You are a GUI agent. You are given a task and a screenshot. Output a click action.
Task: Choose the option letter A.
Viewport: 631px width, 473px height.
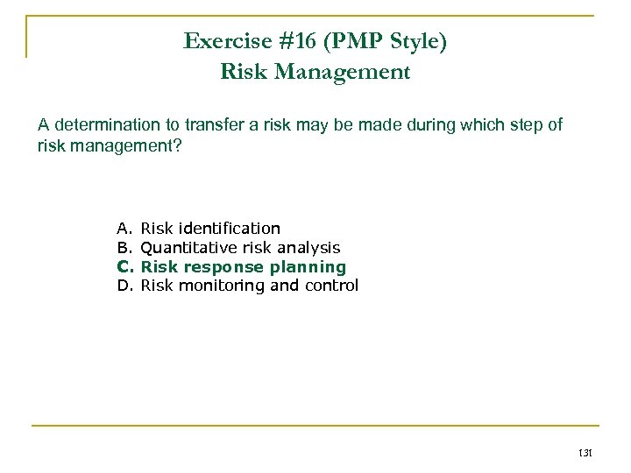point(124,229)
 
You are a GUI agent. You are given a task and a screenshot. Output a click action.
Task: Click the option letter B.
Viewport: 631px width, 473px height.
point(124,248)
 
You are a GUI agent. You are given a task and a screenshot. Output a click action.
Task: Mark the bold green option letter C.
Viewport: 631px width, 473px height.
point(124,266)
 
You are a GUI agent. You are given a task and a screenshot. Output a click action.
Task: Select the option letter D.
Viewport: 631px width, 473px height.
point(124,285)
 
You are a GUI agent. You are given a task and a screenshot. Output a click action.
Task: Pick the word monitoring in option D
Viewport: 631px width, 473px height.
point(218,285)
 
